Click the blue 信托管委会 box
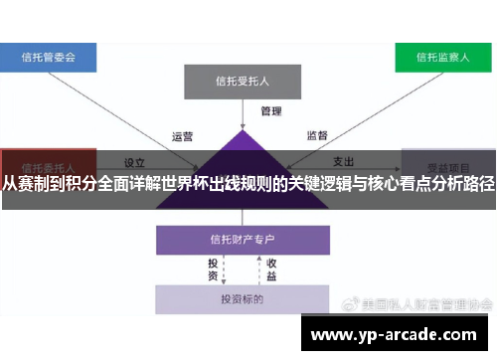click(48, 57)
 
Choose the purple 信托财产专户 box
click(243, 240)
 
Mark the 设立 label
click(135, 160)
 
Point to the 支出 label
click(344, 160)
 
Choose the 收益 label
click(270, 270)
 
